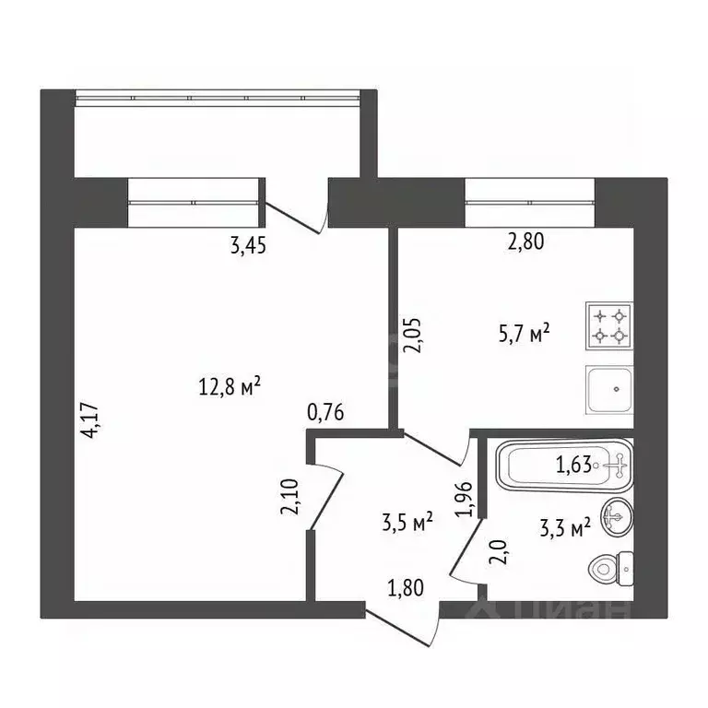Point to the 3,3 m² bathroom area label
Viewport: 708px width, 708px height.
click(563, 529)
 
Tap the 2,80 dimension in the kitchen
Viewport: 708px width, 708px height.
click(526, 243)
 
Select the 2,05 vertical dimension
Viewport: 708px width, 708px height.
click(405, 336)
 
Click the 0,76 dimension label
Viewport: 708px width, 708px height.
click(325, 412)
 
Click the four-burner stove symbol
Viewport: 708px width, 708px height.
click(607, 324)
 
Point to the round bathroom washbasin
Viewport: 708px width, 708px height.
click(615, 517)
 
